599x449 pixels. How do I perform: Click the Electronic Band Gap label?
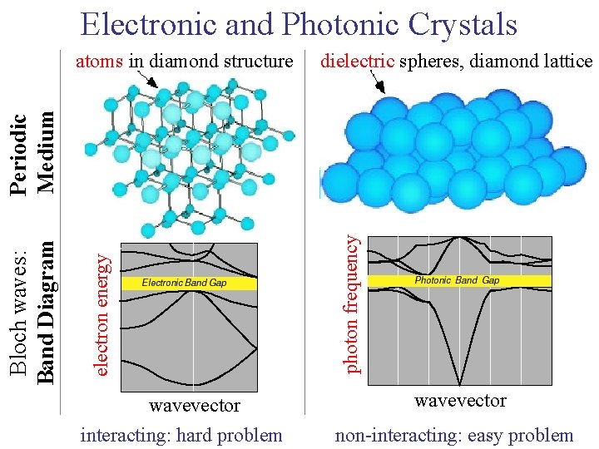click(x=185, y=283)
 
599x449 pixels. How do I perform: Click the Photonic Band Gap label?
click(x=457, y=280)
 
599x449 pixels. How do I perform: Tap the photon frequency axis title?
click(x=352, y=303)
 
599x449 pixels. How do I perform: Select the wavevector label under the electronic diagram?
click(x=194, y=406)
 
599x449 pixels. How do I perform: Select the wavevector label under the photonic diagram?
click(x=460, y=401)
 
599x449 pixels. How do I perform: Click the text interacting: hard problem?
click(x=181, y=435)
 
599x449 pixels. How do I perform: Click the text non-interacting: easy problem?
click(x=453, y=435)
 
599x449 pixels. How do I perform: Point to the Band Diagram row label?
click(x=47, y=312)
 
